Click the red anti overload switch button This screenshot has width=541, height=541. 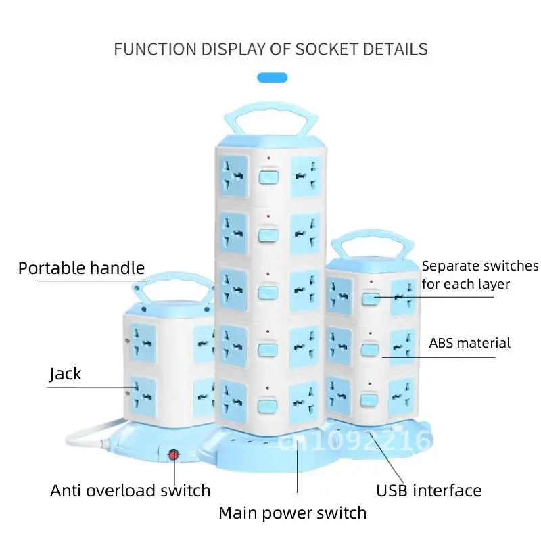[x=174, y=454]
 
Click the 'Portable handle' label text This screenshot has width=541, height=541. [x=81, y=268]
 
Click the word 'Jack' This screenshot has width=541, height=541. [x=66, y=373]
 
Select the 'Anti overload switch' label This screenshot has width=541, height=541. [x=130, y=490]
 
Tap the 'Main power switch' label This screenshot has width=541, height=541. [x=292, y=513]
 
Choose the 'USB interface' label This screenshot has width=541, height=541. [x=429, y=490]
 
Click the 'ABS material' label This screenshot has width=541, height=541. [x=469, y=343]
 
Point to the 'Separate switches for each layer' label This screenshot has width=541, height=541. [x=479, y=275]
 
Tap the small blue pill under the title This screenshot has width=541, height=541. [x=273, y=78]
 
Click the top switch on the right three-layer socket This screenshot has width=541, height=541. [x=369, y=298]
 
